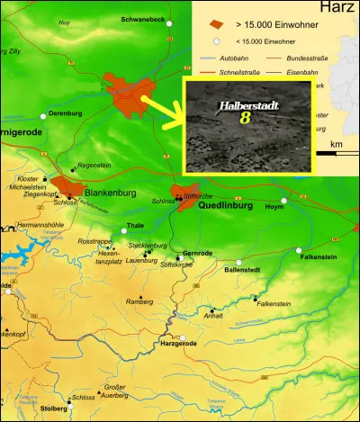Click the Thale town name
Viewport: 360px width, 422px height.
[136, 225]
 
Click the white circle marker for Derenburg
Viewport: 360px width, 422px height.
[43, 115]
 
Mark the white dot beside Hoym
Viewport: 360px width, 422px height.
[284, 201]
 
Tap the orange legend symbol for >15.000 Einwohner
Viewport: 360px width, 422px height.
[214, 23]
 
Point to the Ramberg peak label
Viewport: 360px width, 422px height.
[140, 302]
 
